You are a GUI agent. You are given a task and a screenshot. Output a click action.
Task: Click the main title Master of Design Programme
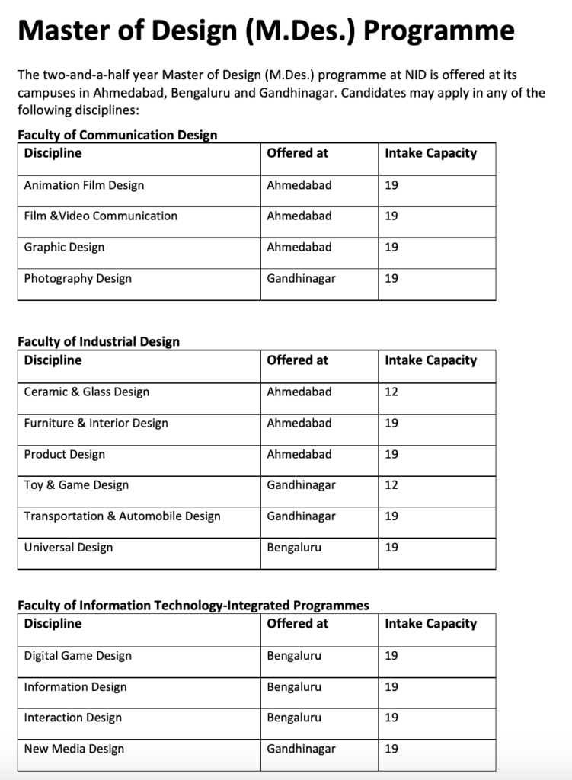pos(265,31)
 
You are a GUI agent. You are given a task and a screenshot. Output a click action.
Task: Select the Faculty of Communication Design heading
pos(117,135)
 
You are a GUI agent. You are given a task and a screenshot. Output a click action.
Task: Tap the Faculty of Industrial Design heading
pos(99,341)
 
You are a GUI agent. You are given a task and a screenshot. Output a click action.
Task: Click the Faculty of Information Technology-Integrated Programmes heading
pos(193,606)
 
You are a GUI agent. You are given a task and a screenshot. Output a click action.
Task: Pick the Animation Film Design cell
pos(84,185)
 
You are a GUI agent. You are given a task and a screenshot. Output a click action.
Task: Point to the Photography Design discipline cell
pos(78,279)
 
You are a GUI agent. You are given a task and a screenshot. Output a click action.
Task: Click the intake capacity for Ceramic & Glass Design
pos(391,392)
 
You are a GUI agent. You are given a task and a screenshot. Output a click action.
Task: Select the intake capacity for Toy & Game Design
pos(391,485)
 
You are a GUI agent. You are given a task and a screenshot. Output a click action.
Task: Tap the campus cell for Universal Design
pos(294,548)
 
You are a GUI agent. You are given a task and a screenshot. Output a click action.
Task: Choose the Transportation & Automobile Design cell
pos(122,516)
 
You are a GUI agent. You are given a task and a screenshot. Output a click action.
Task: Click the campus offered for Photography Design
pos(301,279)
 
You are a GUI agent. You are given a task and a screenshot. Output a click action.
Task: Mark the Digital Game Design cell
pos(78,656)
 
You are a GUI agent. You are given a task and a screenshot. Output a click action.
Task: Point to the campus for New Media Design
pos(301,749)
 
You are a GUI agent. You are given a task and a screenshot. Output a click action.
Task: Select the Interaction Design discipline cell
pos(73,718)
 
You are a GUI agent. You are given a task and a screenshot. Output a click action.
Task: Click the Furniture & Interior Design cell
pos(96,424)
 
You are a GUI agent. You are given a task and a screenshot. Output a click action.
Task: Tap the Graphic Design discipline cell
pos(64,248)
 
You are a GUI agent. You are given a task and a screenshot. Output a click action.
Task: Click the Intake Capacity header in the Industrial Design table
pos(430,360)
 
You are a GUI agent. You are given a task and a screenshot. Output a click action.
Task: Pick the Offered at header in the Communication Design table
pos(297,153)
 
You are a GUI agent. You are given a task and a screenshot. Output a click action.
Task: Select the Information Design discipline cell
pos(75,687)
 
